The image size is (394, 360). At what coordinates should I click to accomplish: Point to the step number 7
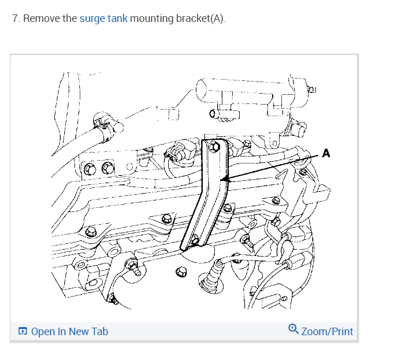pyautogui.click(x=15, y=18)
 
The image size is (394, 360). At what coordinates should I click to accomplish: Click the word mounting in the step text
pyautogui.click(x=151, y=18)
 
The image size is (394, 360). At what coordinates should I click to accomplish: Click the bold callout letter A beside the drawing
pyautogui.click(x=326, y=154)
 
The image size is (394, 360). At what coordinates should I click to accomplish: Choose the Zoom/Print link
pyautogui.click(x=327, y=331)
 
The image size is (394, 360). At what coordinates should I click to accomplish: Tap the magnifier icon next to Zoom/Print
pyautogui.click(x=293, y=329)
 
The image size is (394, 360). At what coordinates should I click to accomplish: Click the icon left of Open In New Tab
pyautogui.click(x=23, y=331)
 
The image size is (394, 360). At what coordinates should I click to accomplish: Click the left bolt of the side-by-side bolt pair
pyautogui.click(x=90, y=169)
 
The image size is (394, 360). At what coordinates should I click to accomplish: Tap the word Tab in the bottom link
pyautogui.click(x=99, y=331)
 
